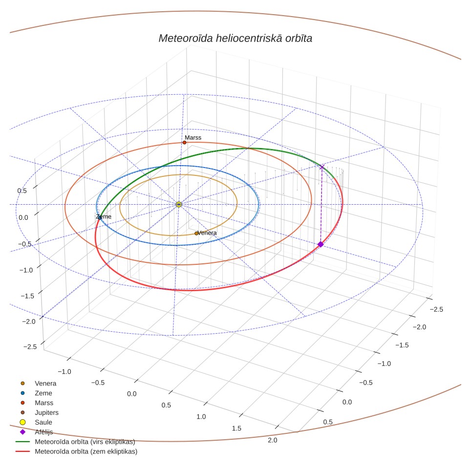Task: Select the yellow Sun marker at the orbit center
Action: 179,205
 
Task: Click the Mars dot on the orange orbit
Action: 184,142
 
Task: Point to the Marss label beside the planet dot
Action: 193,138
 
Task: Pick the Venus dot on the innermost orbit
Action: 196,234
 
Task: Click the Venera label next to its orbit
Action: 207,233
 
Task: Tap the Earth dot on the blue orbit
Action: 100,217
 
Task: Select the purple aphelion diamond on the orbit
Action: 321,244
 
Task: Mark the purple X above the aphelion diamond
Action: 322,167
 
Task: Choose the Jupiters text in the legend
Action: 46,412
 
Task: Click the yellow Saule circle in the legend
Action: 22,422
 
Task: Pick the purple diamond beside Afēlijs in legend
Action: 22,432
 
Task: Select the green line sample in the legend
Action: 22,442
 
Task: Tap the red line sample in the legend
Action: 22,451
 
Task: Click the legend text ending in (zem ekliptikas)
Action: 86,451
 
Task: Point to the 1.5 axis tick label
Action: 236,428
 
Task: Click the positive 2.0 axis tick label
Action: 272,440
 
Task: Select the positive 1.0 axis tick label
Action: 201,417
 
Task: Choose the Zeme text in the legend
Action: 43,393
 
